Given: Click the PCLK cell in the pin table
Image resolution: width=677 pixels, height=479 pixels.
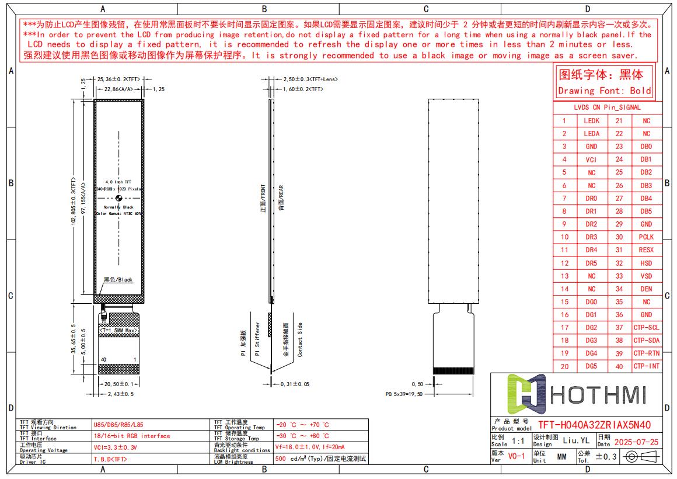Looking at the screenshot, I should pyautogui.click(x=646, y=237).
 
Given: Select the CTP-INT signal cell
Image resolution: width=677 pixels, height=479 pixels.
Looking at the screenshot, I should pyautogui.click(x=646, y=366).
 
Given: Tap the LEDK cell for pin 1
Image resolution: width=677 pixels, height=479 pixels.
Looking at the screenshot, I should pyautogui.click(x=591, y=121).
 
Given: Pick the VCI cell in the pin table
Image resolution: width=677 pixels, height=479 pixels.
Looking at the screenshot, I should pyautogui.click(x=591, y=159).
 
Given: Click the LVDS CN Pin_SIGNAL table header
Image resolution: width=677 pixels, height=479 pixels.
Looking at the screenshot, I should pyautogui.click(x=607, y=107).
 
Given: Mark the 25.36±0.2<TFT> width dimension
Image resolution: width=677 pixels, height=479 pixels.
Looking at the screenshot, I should pyautogui.click(x=117, y=79).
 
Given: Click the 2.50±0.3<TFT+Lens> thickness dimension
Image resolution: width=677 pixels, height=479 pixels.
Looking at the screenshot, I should pyautogui.click(x=310, y=79).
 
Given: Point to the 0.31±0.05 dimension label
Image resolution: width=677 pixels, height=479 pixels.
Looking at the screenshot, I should pyautogui.click(x=295, y=384).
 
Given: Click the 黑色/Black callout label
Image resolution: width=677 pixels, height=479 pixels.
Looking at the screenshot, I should pyautogui.click(x=118, y=280).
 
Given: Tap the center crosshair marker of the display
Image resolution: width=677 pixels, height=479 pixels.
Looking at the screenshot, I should pyautogui.click(x=119, y=198).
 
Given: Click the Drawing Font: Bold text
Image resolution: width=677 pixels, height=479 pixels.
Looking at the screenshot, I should pyautogui.click(x=604, y=91).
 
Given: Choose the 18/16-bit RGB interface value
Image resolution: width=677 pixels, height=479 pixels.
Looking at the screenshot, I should pyautogui.click(x=131, y=436).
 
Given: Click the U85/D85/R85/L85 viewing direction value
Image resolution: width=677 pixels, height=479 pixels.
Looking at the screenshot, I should pyautogui.click(x=118, y=426).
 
